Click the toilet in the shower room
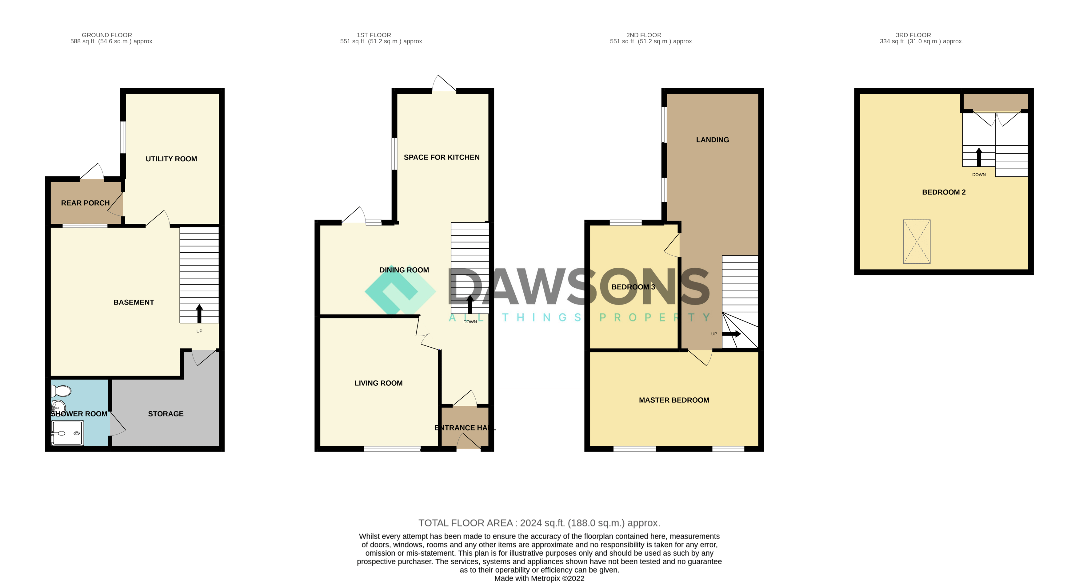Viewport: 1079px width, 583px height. click(x=61, y=391)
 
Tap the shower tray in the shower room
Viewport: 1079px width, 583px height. click(x=67, y=433)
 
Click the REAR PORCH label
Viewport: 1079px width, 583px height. click(x=86, y=203)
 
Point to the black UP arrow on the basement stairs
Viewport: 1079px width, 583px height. click(x=199, y=313)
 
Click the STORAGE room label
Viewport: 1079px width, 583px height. click(x=166, y=414)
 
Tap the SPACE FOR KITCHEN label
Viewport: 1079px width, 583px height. click(x=442, y=157)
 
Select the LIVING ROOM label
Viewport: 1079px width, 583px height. click(x=378, y=383)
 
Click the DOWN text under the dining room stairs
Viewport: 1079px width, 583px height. click(x=470, y=322)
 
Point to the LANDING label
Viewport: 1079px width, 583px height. click(x=712, y=140)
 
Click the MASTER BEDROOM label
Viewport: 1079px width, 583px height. click(x=674, y=400)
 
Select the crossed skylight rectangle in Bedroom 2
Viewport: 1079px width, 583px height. click(x=917, y=242)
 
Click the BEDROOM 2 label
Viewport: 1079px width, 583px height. click(x=944, y=192)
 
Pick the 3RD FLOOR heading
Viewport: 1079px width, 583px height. click(x=913, y=35)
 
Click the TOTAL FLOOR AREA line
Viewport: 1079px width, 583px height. click(x=539, y=523)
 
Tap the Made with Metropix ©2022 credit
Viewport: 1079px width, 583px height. click(x=539, y=578)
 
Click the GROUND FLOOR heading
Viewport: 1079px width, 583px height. click(x=107, y=35)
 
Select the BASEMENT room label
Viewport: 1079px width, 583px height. click(x=134, y=302)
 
